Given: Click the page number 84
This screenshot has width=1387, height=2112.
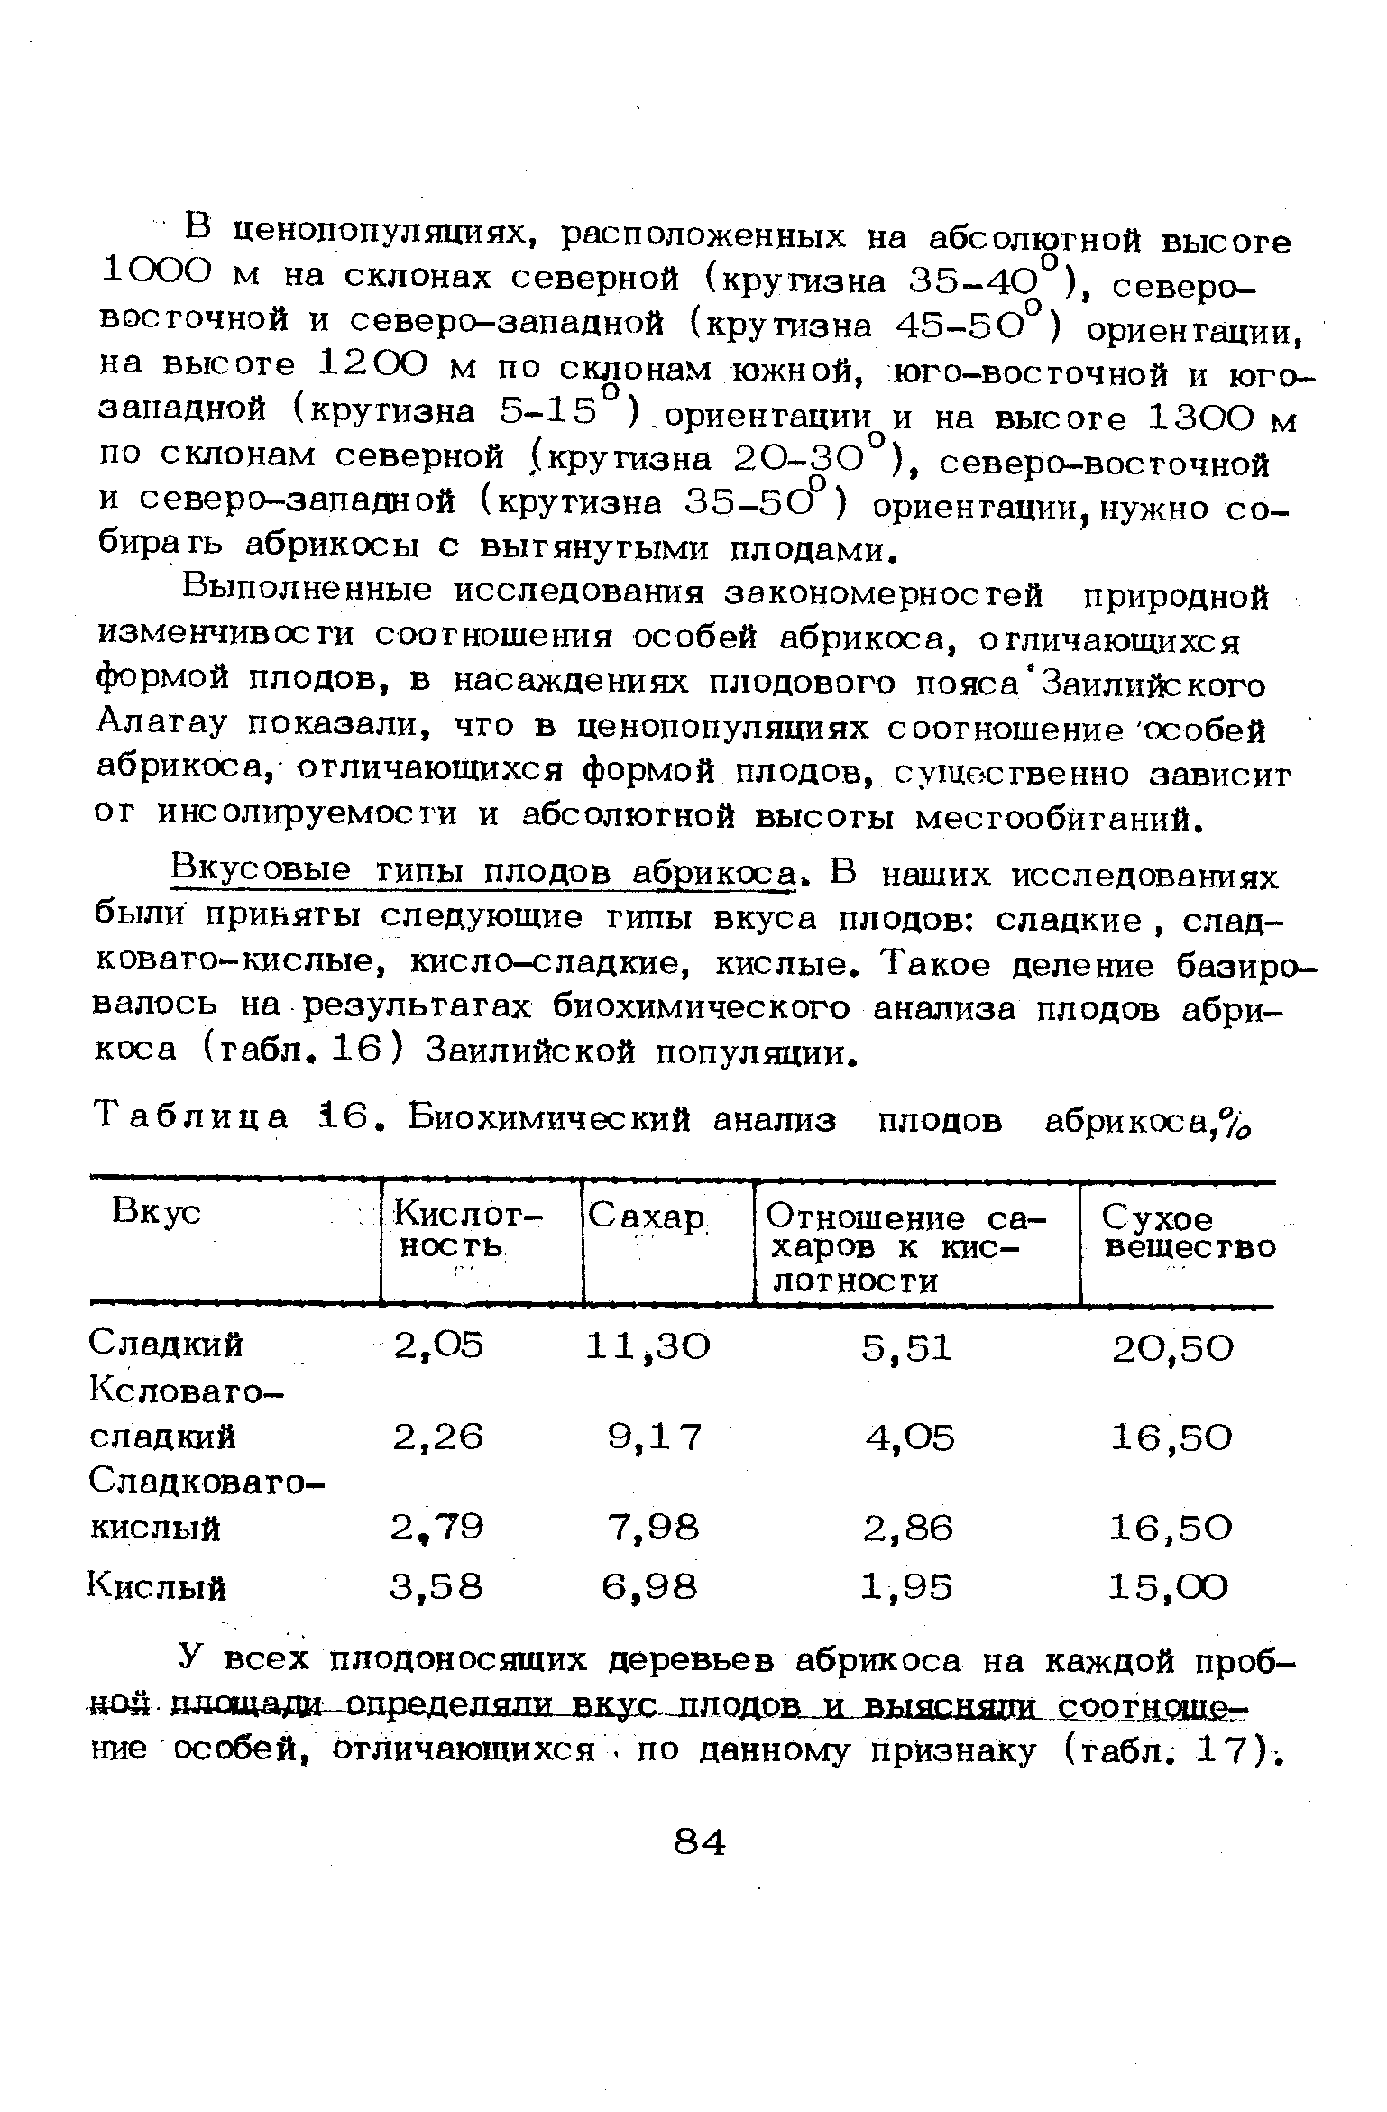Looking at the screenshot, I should pyautogui.click(x=700, y=1842).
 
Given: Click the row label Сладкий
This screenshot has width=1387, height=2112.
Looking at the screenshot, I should pyautogui.click(x=166, y=1345).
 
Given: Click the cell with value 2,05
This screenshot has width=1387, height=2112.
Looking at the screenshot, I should pyautogui.click(x=438, y=1345).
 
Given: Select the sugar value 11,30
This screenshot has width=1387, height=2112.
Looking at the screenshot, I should pyautogui.click(x=648, y=1346).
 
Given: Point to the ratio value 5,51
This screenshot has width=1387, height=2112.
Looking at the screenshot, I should pyautogui.click(x=906, y=1347).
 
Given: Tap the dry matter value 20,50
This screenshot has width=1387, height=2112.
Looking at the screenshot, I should pyautogui.click(x=1171, y=1348).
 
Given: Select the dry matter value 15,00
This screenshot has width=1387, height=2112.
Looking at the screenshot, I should pyautogui.click(x=1169, y=1586).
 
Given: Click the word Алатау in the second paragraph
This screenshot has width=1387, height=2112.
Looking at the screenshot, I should pyautogui.click(x=161, y=727).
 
